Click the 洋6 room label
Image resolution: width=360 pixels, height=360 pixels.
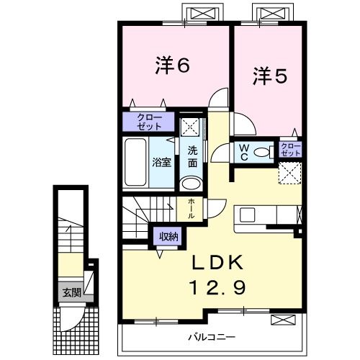point(172,66)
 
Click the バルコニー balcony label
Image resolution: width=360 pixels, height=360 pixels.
point(213,336)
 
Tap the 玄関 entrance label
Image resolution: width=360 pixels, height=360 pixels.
point(71,292)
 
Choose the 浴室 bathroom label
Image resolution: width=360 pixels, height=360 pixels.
point(161,162)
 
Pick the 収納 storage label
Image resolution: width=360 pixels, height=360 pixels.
point(169,235)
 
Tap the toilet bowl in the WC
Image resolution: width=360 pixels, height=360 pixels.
point(264,151)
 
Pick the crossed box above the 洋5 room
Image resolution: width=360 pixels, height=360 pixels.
point(273,13)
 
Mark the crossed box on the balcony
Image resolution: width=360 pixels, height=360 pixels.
point(283,320)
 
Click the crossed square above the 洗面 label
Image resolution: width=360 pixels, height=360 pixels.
point(191,127)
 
